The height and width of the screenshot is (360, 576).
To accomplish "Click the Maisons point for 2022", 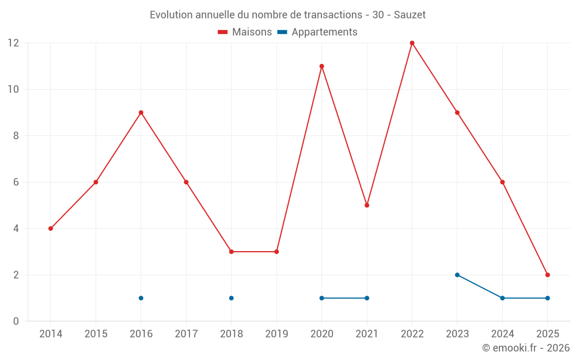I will (x=412, y=43).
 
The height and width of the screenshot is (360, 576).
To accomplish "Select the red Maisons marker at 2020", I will (x=321, y=66).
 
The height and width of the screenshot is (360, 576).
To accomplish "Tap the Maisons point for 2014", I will (x=51, y=229).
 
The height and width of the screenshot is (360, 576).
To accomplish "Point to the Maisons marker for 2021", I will (x=367, y=205).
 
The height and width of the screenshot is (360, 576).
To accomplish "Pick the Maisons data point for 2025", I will (x=547, y=275).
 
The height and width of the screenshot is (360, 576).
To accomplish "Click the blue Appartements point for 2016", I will (x=141, y=298).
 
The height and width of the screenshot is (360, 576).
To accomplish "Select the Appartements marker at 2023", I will (x=457, y=275).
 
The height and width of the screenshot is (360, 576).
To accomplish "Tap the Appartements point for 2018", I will (x=231, y=298).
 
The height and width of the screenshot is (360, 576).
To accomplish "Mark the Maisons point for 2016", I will (x=141, y=112).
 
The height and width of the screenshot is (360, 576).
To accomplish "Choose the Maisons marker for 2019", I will (x=276, y=252).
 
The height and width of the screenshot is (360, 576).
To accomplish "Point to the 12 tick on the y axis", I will (x=13, y=43).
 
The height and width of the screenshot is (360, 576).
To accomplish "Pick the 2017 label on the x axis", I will (x=186, y=334).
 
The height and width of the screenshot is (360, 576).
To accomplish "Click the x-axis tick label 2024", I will (x=502, y=334).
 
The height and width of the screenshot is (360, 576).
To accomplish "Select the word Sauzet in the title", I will (x=410, y=15).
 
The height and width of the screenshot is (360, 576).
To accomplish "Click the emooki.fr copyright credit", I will (x=525, y=348).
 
